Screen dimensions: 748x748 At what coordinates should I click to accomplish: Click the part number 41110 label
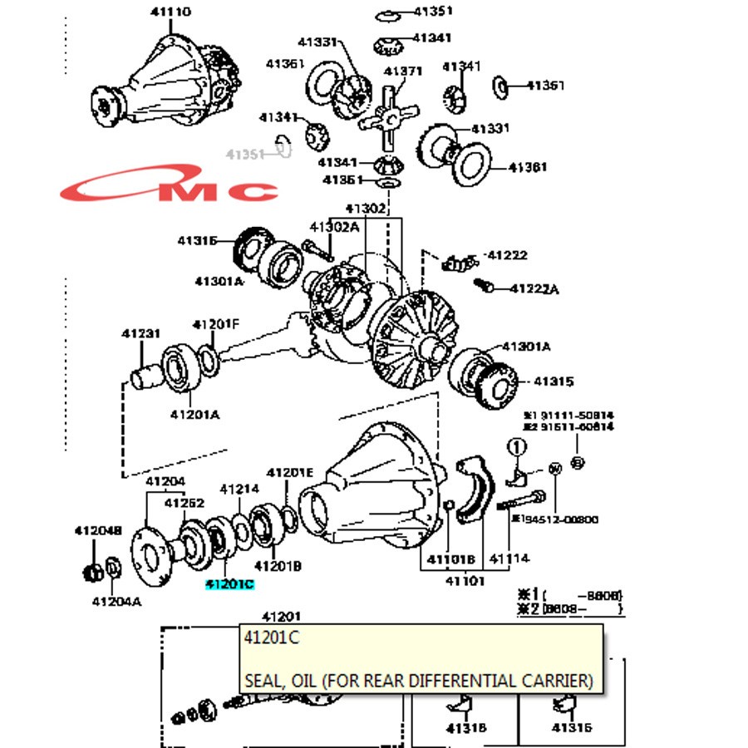click(170, 12)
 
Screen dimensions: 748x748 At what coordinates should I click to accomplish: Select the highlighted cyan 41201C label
click(229, 584)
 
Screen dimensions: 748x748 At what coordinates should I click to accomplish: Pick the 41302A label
click(334, 227)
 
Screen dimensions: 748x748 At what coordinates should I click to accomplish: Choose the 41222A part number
click(534, 289)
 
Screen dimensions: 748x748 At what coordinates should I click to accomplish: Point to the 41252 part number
click(184, 502)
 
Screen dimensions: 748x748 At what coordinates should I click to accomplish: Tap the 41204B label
click(98, 530)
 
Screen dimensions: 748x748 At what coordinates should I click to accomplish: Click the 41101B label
click(451, 559)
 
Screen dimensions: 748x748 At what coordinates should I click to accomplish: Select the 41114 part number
click(509, 559)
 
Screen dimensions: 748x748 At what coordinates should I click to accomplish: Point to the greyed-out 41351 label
click(245, 155)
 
